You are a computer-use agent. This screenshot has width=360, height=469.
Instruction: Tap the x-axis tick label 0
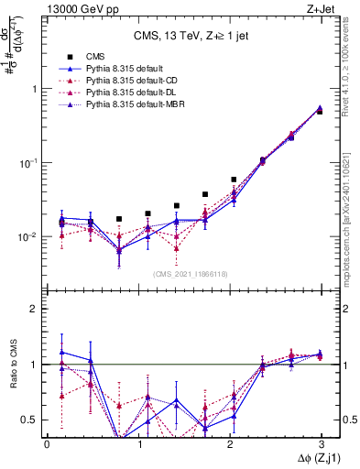coord(47,443)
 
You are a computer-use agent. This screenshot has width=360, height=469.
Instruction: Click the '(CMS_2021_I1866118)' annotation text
coord(184,274)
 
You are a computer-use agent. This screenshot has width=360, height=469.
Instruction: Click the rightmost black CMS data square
coord(319,112)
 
